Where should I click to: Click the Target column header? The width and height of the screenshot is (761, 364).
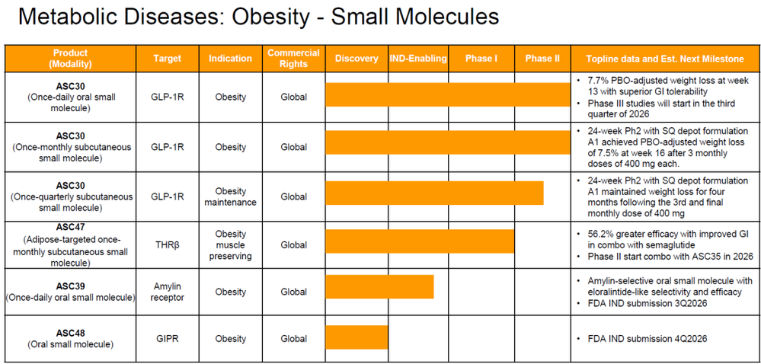[x=167, y=58]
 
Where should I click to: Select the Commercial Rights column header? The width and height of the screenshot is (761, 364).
[x=293, y=58]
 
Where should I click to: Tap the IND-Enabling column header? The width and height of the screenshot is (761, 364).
[x=418, y=58]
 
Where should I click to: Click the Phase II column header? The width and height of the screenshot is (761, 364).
[x=542, y=58]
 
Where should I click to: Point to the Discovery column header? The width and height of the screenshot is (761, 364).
[x=357, y=58]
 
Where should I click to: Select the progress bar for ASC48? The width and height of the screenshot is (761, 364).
[x=357, y=337]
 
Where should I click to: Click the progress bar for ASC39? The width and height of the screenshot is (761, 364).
[x=379, y=286]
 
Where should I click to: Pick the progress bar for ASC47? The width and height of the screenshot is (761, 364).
[x=420, y=241]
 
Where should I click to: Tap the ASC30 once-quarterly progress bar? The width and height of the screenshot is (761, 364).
[x=434, y=193]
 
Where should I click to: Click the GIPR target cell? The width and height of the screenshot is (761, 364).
[x=168, y=338]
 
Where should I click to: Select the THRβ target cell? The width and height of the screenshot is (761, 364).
[x=168, y=245]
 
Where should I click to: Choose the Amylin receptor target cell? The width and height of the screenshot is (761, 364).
[x=168, y=292]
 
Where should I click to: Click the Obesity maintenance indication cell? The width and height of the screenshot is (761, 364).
[x=231, y=196]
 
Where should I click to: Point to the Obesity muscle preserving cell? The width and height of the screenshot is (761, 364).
[x=231, y=245]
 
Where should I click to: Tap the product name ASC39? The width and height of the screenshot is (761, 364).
[x=70, y=286]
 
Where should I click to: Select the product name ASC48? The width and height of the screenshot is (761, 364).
[x=70, y=333]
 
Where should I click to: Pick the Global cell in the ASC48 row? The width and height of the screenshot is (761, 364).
[x=293, y=338]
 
